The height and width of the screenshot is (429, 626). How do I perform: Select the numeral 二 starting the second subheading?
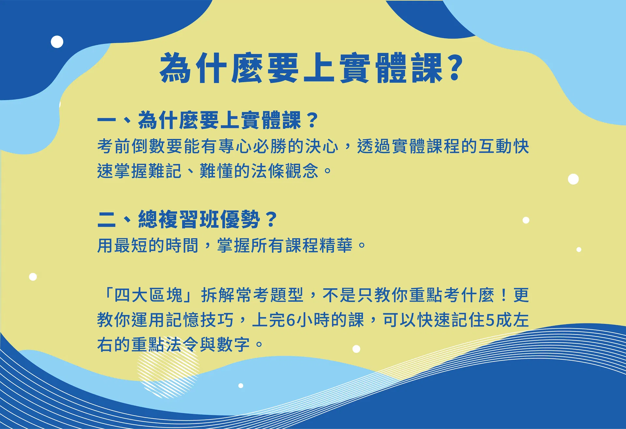click(x=107, y=219)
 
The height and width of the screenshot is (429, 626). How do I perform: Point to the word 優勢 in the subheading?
click(x=240, y=219)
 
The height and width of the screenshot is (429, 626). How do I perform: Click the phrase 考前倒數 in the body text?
click(x=131, y=146)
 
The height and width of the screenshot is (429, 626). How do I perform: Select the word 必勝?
click(x=270, y=146)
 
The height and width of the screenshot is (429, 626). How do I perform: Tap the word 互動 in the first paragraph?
click(x=496, y=146)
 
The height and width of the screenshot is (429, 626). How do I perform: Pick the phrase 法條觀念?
click(x=284, y=171)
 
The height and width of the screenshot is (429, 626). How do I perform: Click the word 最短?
click(x=131, y=246)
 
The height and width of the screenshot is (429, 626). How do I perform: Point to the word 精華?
click(x=336, y=246)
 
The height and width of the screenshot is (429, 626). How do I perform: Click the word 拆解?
click(x=218, y=295)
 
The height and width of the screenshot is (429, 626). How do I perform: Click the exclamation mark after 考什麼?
click(x=504, y=295)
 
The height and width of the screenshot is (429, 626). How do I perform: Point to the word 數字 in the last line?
click(x=234, y=345)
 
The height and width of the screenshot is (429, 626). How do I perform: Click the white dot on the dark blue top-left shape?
click(x=57, y=42)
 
